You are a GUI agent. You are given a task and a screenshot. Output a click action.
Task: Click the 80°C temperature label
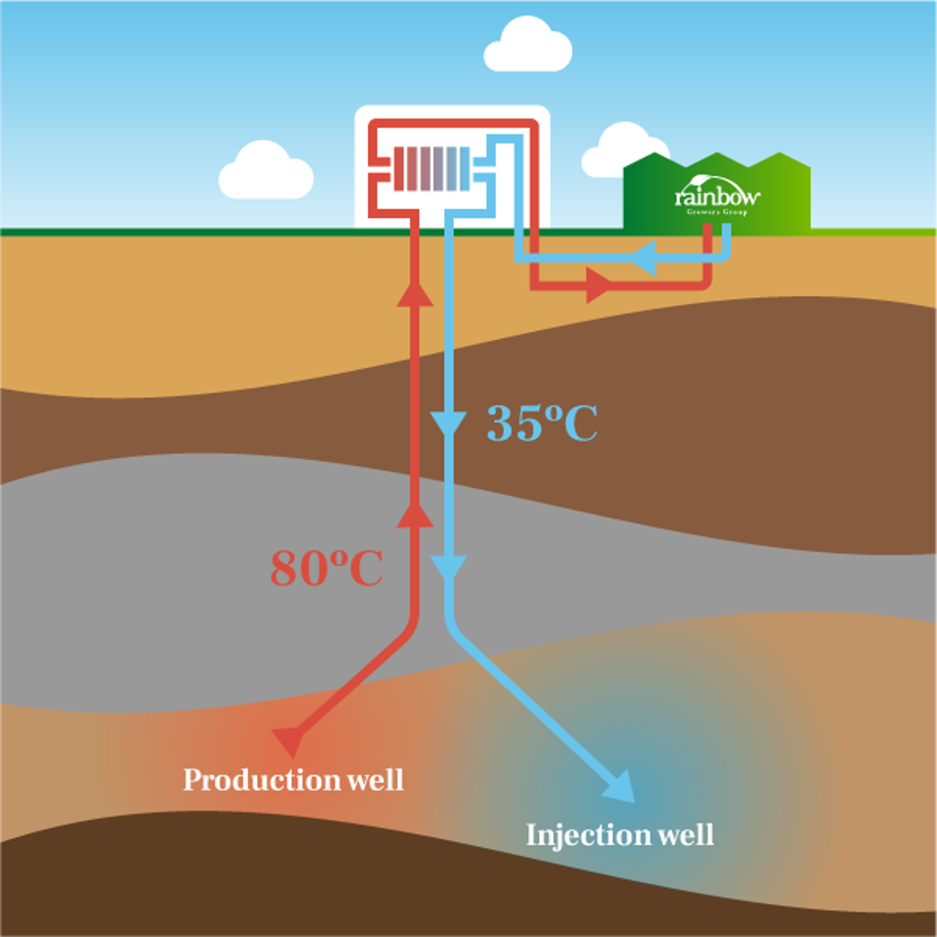click(326, 568)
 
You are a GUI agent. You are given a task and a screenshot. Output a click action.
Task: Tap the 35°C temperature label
click(542, 423)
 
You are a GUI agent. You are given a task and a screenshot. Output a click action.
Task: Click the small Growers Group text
click(717, 212)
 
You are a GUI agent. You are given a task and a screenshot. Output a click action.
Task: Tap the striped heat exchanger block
click(431, 168)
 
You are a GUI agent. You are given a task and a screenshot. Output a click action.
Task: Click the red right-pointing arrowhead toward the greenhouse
click(598, 286)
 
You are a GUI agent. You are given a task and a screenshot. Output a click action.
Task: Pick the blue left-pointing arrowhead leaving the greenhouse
click(643, 259)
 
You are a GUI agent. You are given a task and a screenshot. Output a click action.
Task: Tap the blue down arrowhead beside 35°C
click(448, 425)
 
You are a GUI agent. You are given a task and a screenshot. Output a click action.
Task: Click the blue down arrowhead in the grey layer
click(448, 566)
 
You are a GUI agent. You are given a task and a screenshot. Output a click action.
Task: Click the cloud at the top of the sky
click(528, 47)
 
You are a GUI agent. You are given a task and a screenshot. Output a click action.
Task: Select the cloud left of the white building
click(266, 172)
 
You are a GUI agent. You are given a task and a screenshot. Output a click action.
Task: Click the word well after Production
click(375, 780)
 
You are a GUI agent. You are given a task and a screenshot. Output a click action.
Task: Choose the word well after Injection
click(686, 835)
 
